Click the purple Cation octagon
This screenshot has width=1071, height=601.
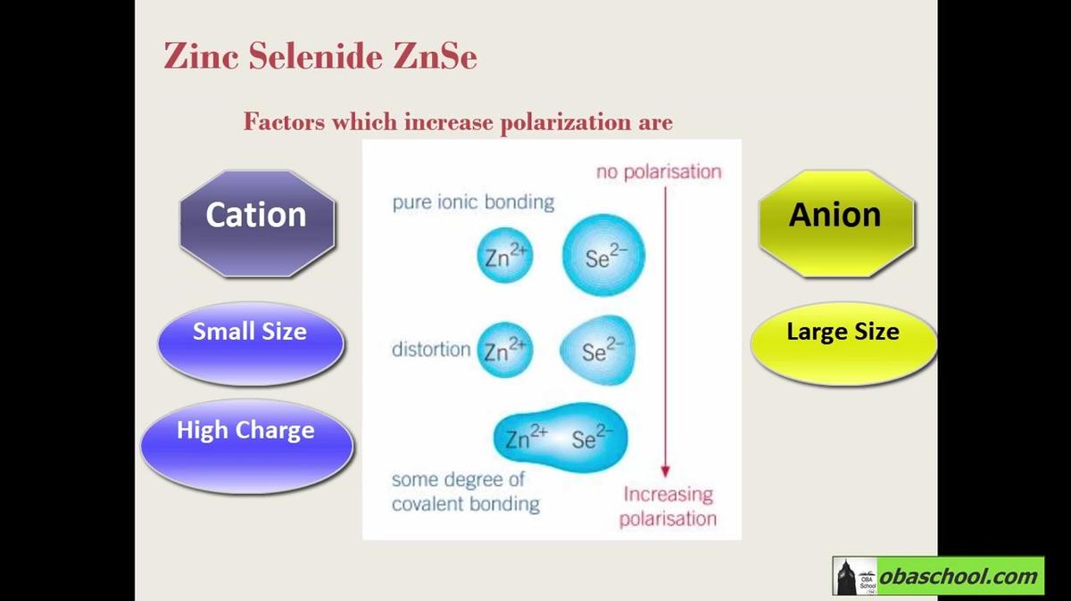257,224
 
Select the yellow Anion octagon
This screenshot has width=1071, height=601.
836,224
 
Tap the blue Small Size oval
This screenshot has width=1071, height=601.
251,343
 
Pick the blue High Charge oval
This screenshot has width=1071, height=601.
246,446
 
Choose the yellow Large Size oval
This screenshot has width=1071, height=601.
843,343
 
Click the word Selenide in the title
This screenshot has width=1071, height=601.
316,56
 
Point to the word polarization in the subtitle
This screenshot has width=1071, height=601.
566,122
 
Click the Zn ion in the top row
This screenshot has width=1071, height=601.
505,255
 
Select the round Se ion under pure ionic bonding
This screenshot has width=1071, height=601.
604,255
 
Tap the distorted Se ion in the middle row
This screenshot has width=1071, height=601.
599,350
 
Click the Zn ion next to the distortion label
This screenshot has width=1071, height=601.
505,350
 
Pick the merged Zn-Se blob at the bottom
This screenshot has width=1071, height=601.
560,437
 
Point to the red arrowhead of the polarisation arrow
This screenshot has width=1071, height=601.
665,471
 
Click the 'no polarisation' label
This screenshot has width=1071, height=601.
659,172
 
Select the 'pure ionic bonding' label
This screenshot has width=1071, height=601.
473,202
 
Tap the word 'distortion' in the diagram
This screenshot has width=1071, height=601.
431,350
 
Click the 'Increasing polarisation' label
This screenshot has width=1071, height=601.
668,506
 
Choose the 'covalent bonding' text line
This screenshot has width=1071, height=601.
466,504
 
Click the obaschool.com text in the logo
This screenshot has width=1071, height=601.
959,577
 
